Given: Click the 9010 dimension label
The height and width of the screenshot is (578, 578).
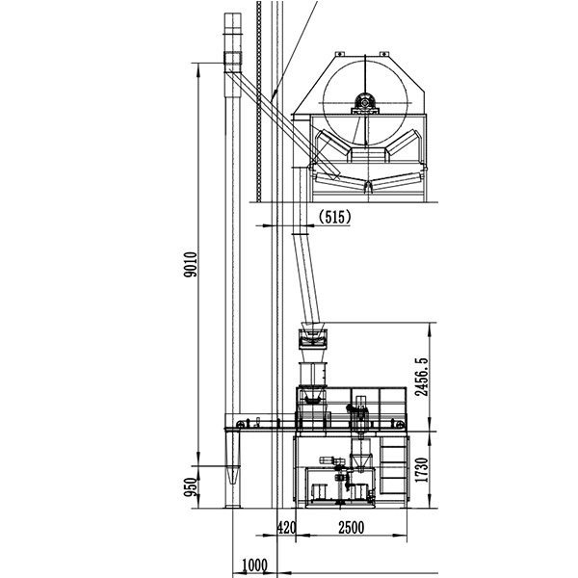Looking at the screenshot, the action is pyautogui.click(x=191, y=264).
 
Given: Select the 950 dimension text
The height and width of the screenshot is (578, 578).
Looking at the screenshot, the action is pyautogui.click(x=191, y=486).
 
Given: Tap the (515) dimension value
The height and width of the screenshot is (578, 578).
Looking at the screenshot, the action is pyautogui.click(x=334, y=217).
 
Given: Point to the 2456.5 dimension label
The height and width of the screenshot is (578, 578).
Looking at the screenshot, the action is pyautogui.click(x=422, y=377).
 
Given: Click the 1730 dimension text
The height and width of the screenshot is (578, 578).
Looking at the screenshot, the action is pyautogui.click(x=422, y=470).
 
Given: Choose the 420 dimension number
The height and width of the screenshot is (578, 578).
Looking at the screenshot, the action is pyautogui.click(x=286, y=528).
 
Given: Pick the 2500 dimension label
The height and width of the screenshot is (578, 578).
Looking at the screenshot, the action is pyautogui.click(x=352, y=528).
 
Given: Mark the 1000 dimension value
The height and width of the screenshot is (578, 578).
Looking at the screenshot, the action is pyautogui.click(x=254, y=565).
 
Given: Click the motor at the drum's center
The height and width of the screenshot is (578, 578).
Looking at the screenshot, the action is pyautogui.click(x=365, y=102).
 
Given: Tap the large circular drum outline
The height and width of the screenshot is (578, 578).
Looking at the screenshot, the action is pyautogui.click(x=324, y=103).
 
